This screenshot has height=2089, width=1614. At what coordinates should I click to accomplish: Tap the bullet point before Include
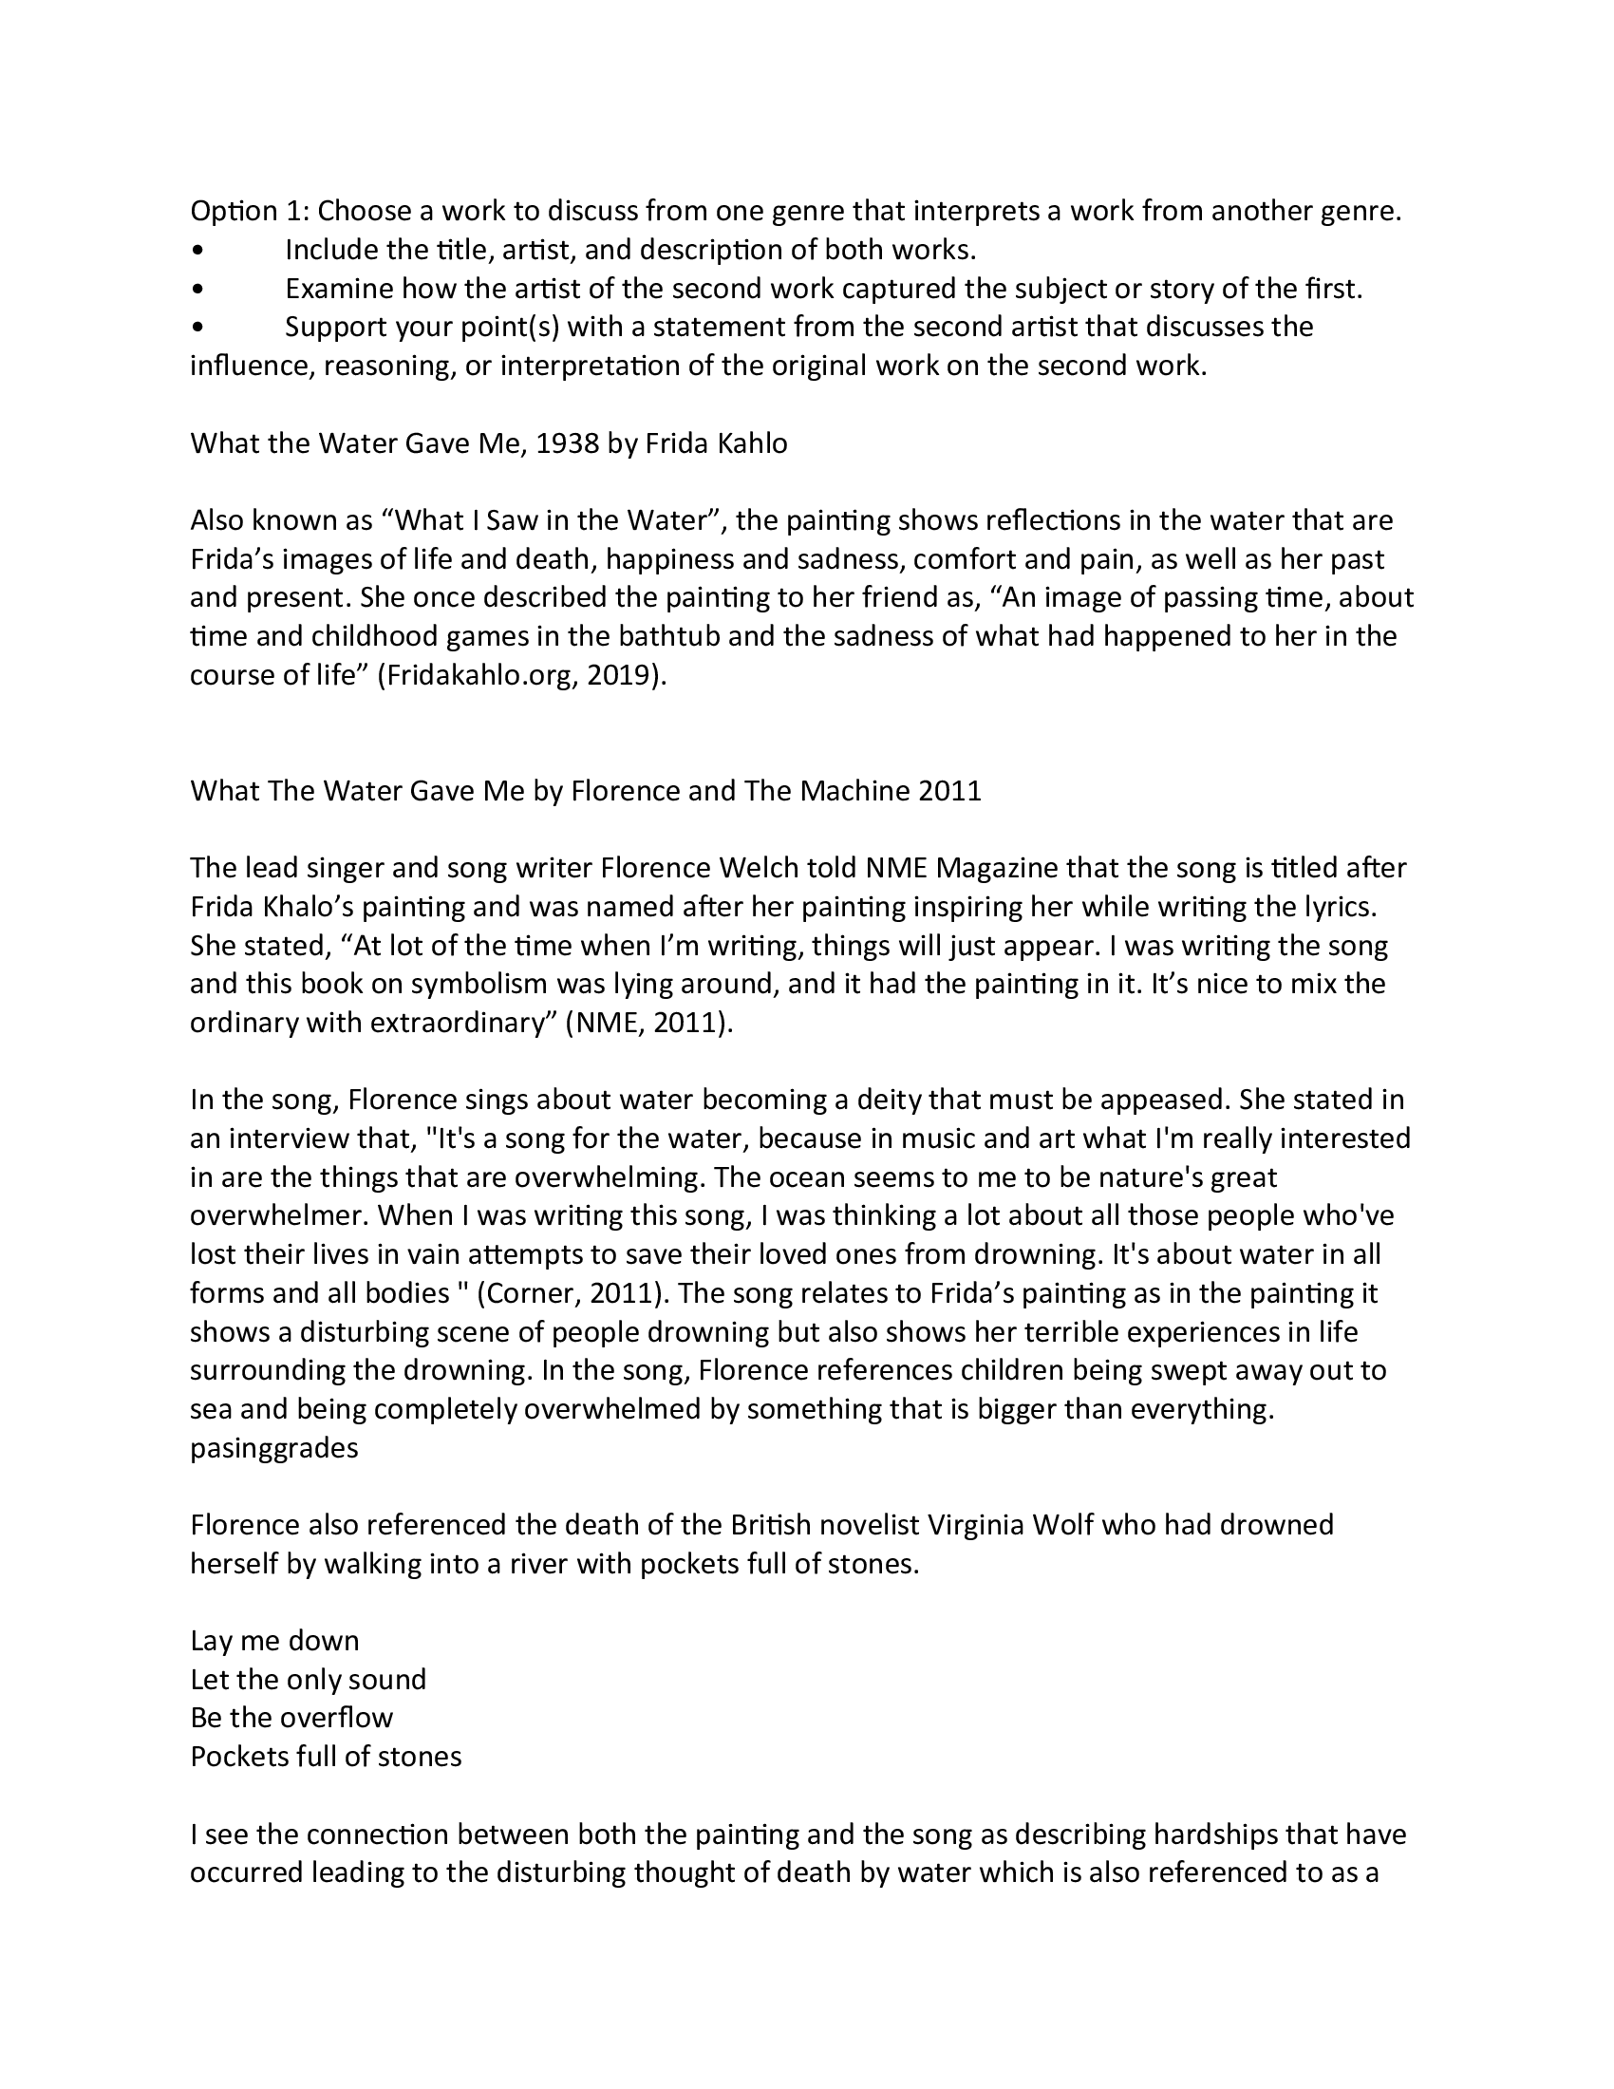pyautogui.click(x=197, y=251)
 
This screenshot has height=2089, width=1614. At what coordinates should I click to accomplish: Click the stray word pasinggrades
pyautogui.click(x=273, y=1448)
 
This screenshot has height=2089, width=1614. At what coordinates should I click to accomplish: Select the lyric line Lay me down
pyautogui.click(x=274, y=1641)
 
